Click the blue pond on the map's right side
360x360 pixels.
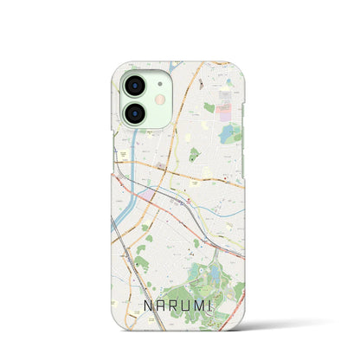228,133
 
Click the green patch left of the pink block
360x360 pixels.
209,108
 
